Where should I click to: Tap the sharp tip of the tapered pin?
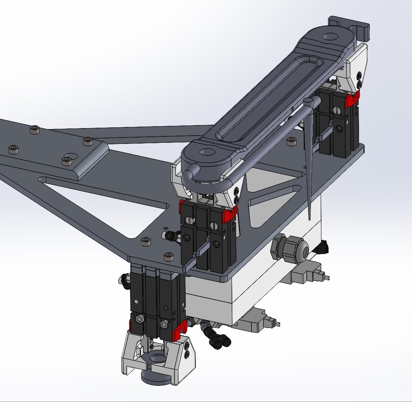(x=309, y=219)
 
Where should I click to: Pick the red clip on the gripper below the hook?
(x=352, y=100)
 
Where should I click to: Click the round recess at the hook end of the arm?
(x=330, y=37)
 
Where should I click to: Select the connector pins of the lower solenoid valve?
(x=277, y=323)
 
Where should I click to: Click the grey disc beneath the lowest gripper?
(x=154, y=378)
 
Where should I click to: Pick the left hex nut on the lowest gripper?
(x=138, y=319)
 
